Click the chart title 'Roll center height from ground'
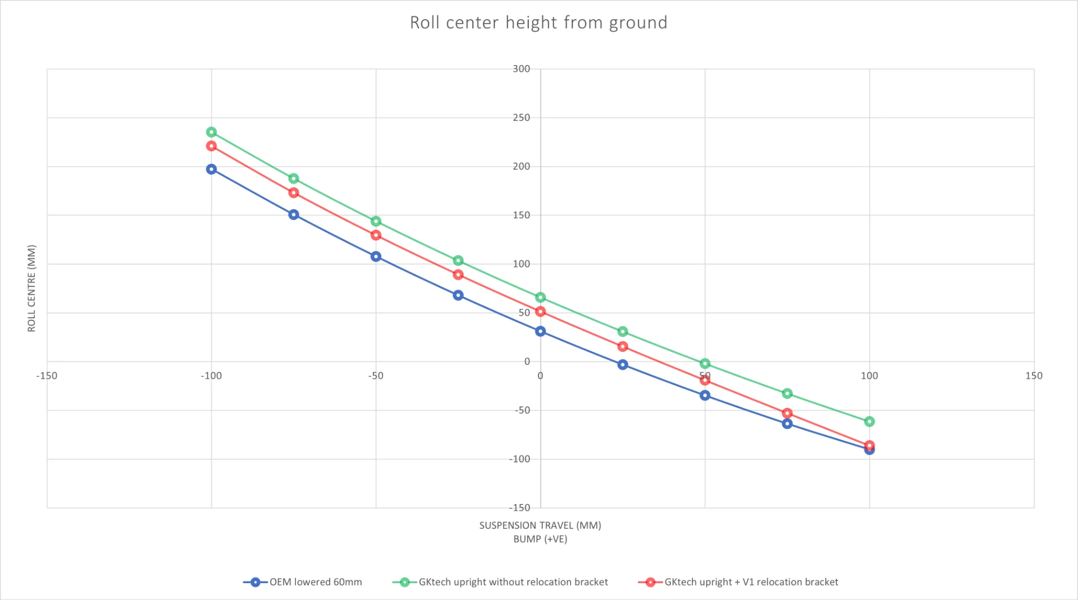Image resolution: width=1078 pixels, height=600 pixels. point(538,22)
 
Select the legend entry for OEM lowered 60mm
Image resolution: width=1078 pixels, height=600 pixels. point(315,582)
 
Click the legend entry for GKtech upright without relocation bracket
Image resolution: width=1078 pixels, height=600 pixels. point(513,582)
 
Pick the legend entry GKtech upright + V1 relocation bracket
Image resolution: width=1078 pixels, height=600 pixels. point(751,582)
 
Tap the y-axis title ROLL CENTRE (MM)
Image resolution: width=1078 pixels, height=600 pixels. point(31,288)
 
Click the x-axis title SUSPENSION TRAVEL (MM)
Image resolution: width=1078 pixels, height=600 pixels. point(540,525)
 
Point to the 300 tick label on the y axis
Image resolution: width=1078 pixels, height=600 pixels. point(521,68)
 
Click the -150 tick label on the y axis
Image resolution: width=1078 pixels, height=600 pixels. point(519,507)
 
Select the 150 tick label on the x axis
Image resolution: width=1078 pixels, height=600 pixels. point(1034,375)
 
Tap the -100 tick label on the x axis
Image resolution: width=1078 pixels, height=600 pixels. point(211,375)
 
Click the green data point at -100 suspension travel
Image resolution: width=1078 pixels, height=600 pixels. point(211,132)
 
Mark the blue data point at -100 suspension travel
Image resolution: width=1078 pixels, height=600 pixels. point(211,169)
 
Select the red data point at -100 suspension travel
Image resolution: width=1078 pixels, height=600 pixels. point(211,146)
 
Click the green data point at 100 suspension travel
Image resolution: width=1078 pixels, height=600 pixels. point(869,422)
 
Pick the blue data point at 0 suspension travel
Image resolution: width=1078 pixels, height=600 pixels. point(540,331)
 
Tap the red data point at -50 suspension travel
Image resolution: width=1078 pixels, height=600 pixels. point(376,235)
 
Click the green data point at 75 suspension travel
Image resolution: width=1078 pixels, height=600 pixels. point(787,393)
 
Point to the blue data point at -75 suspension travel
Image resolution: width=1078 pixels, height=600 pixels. point(294,214)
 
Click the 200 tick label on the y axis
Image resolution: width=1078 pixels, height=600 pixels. point(521,166)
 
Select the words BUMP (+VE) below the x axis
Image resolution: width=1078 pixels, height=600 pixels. point(540,539)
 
